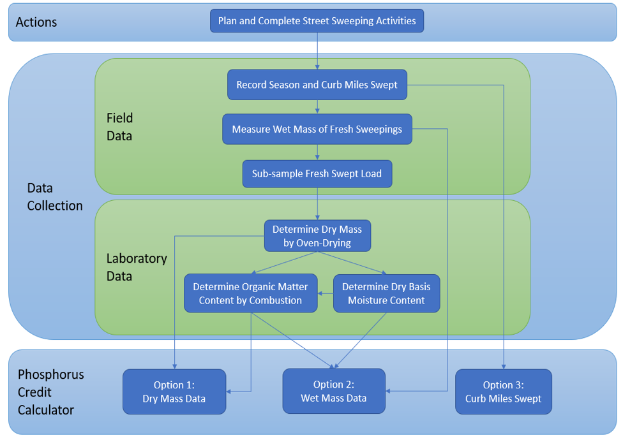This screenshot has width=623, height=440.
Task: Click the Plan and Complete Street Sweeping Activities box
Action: pyautogui.click(x=317, y=21)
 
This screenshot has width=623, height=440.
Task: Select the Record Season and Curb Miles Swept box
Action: pyautogui.click(x=317, y=85)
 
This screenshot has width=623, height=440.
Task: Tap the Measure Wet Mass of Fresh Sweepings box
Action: pyautogui.click(x=317, y=129)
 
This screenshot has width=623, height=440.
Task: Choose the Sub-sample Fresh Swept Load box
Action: pyautogui.click(x=317, y=173)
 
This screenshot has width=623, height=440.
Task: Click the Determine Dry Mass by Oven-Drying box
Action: pyautogui.click(x=317, y=236)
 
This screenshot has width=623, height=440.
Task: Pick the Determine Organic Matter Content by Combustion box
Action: pyautogui.click(x=250, y=293)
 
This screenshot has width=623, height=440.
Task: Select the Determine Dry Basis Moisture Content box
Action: pyautogui.click(x=386, y=293)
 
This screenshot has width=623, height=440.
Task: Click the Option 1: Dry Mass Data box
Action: pyautogui.click(x=174, y=392)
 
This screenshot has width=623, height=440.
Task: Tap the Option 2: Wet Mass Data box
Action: pyautogui.click(x=334, y=392)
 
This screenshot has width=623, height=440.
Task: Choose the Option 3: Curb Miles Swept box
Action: pyautogui.click(x=503, y=392)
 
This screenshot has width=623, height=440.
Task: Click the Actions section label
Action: pyautogui.click(x=36, y=22)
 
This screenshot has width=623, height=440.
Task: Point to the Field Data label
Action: pyautogui.click(x=120, y=127)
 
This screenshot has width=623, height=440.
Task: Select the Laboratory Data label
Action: pyautogui.click(x=137, y=267)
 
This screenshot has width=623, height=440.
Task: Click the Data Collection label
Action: pyautogui.click(x=55, y=197)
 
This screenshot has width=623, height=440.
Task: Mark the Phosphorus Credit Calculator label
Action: pyautogui.click(x=50, y=392)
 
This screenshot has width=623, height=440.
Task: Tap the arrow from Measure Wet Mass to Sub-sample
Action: pyautogui.click(x=317, y=152)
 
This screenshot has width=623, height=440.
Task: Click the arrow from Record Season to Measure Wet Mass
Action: pyautogui.click(x=317, y=107)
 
